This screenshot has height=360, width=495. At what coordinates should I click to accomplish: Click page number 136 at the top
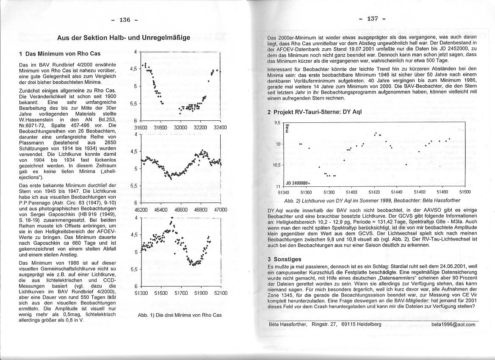[124, 20]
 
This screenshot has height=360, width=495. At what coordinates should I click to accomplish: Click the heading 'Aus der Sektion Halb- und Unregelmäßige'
[124, 38]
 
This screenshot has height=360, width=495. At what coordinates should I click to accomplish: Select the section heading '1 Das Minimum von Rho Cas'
[60, 54]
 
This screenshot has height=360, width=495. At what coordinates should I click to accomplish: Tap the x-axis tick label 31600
[140, 127]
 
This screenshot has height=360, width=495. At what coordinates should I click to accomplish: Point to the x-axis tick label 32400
[220, 127]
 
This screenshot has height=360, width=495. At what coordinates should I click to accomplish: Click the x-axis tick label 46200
[141, 210]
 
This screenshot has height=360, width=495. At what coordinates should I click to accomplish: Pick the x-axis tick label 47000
[221, 210]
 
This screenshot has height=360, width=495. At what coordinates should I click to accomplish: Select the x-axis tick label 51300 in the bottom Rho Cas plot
[141, 293]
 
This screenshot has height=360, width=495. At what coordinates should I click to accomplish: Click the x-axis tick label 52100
[221, 293]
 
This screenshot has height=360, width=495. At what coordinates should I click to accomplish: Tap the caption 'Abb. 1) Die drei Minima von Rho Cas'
[180, 315]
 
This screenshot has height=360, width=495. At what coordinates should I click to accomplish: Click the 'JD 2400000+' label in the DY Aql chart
[298, 183]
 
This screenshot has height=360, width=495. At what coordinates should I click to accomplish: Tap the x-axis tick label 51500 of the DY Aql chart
[465, 192]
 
